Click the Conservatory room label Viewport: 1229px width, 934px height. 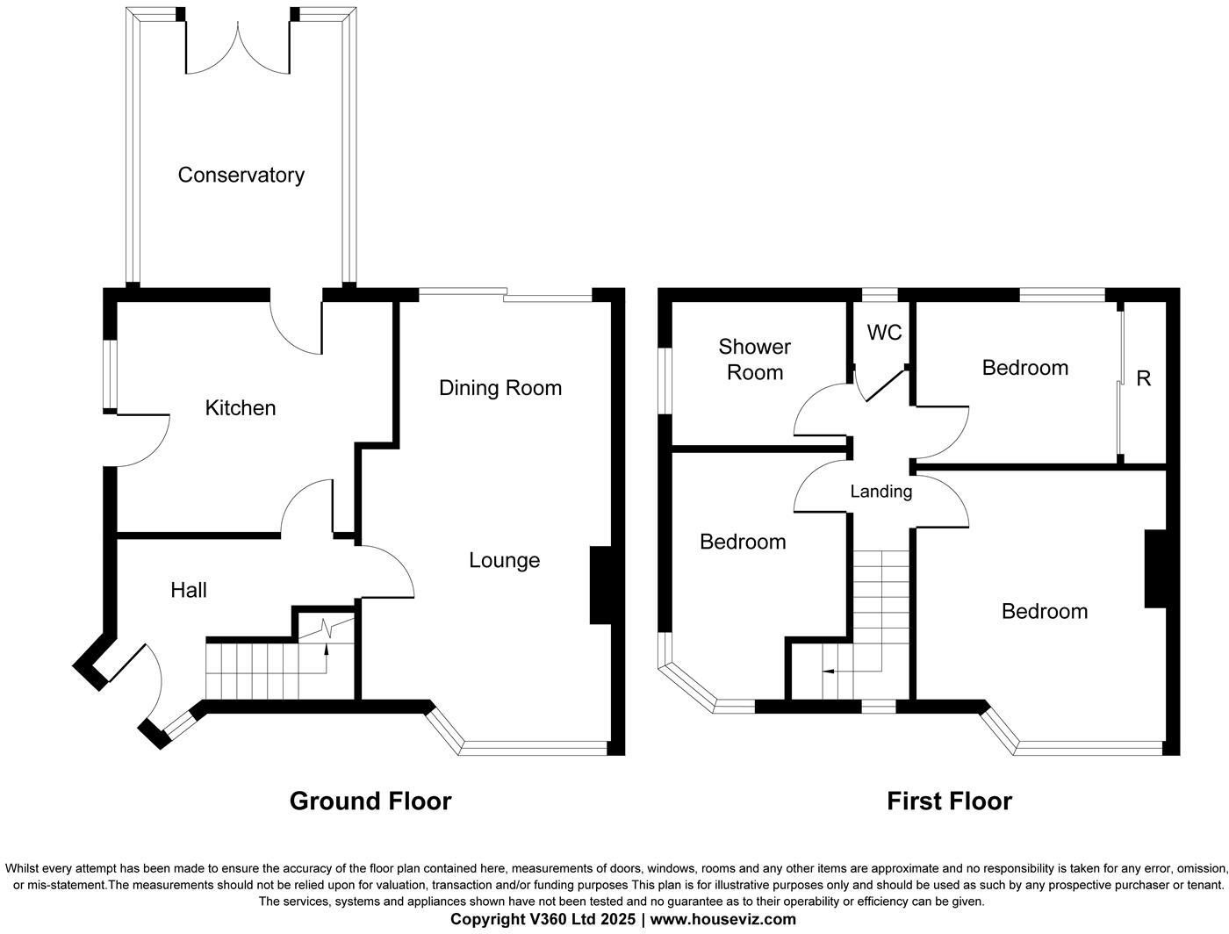pyautogui.click(x=241, y=175)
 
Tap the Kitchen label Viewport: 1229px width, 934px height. pyautogui.click(x=240, y=407)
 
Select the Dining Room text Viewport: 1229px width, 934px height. pyautogui.click(x=500, y=387)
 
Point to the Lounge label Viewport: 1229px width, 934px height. pyautogui.click(x=504, y=560)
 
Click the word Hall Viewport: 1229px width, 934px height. pyautogui.click(x=189, y=590)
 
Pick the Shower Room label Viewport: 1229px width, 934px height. pyautogui.click(x=755, y=359)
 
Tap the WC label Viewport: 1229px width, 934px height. pyautogui.click(x=884, y=333)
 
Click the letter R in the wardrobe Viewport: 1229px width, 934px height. pyautogui.click(x=1143, y=378)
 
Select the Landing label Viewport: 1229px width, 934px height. pyautogui.click(x=880, y=492)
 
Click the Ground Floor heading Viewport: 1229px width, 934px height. pyautogui.click(x=370, y=801)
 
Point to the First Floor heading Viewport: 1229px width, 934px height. pyautogui.click(x=949, y=801)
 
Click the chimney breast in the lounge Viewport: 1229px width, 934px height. pyautogui.click(x=600, y=586)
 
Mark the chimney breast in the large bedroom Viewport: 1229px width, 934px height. pyautogui.click(x=1155, y=569)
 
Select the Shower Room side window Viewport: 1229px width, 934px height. pyautogui.click(x=665, y=380)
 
